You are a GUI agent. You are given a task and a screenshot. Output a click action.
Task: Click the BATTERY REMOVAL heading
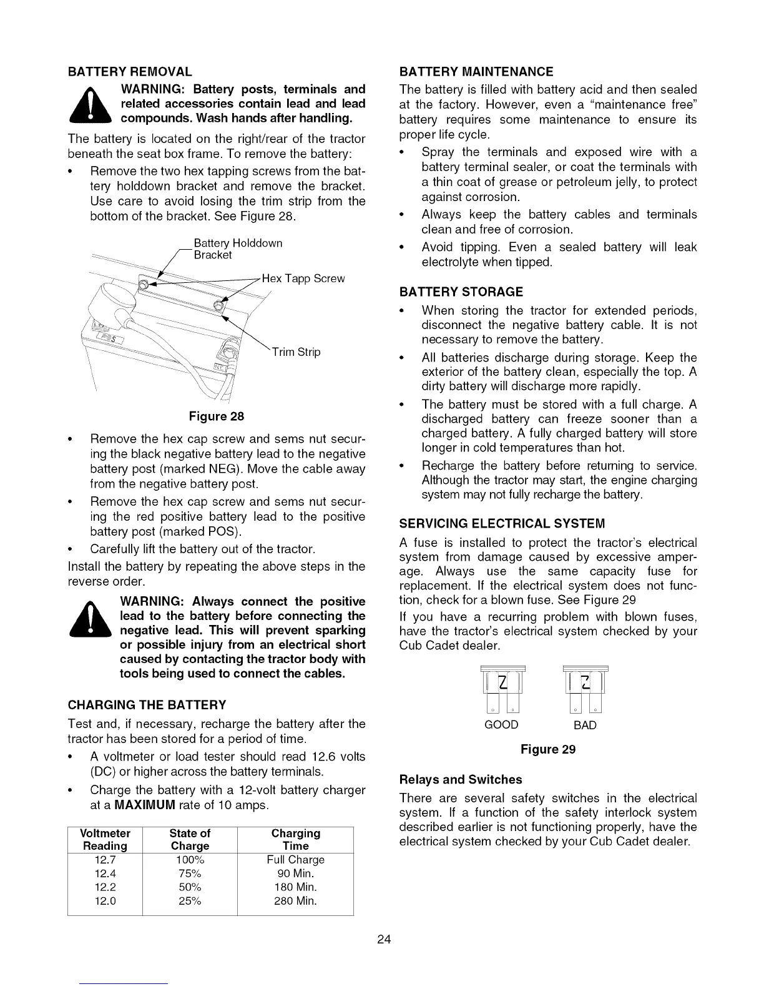pyautogui.click(x=130, y=72)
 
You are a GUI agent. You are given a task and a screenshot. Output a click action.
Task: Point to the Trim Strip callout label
pyautogui.click(x=296, y=352)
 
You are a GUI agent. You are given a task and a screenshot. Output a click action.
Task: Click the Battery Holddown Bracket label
pyautogui.click(x=238, y=248)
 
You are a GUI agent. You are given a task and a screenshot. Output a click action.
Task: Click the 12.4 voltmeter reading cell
pyautogui.click(x=105, y=873)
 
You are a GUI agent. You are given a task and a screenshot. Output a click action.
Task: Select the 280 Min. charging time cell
pyautogui.click(x=295, y=901)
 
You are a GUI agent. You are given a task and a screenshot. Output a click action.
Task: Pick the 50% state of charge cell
pyautogui.click(x=190, y=887)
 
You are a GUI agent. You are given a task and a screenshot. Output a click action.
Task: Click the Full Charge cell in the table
pyautogui.click(x=295, y=860)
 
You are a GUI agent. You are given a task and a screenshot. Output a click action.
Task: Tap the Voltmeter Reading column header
pyautogui.click(x=105, y=840)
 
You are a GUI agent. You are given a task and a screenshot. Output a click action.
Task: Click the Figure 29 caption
pyautogui.click(x=548, y=749)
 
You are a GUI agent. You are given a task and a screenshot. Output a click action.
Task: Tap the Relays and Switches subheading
pyautogui.click(x=461, y=780)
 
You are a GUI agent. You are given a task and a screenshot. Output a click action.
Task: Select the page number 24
pyautogui.click(x=383, y=940)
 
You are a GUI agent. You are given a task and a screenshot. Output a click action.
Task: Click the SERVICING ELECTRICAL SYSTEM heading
pyautogui.click(x=502, y=523)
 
